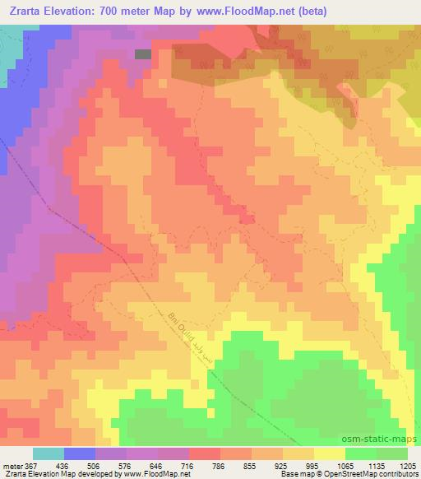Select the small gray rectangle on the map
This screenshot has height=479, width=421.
point(143,53)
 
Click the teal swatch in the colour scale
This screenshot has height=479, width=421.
point(49,453)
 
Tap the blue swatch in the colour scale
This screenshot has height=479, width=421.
point(80,453)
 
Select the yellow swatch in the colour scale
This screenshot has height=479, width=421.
point(329,453)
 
